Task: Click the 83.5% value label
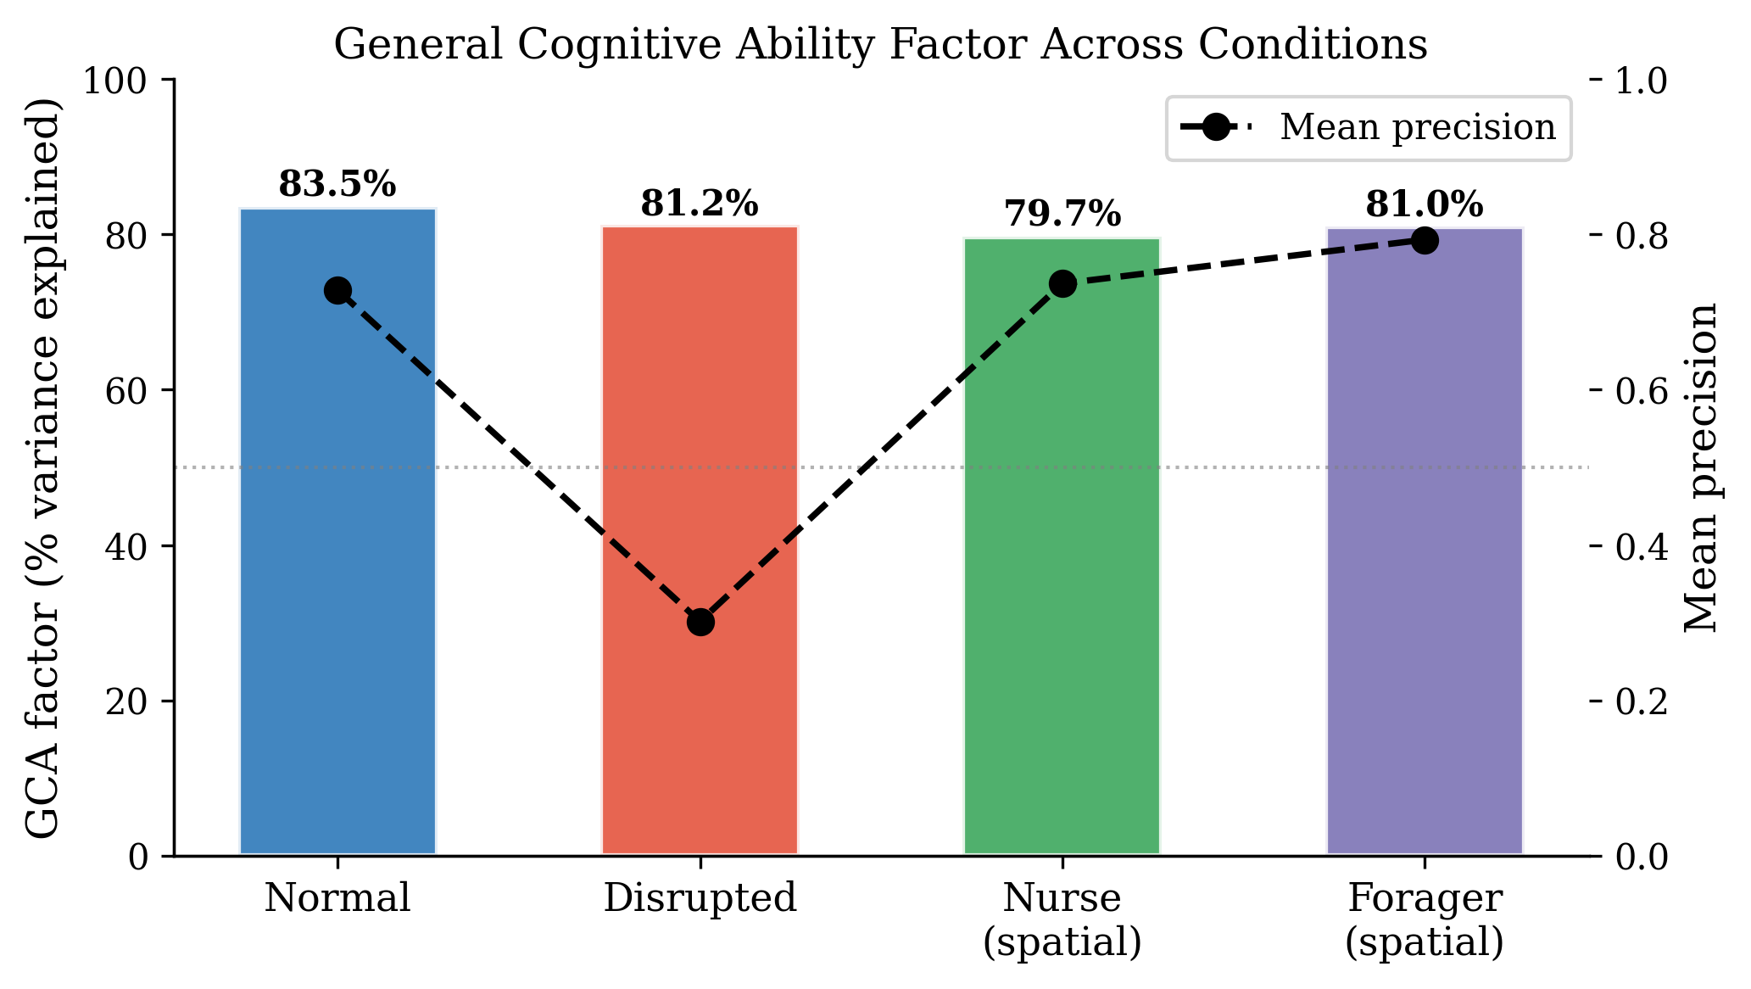click(x=337, y=184)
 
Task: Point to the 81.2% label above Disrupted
click(x=700, y=204)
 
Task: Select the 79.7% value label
click(x=1062, y=215)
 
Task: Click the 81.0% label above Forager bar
click(x=1425, y=204)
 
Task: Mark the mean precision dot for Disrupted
click(x=700, y=623)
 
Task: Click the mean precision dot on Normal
click(x=337, y=291)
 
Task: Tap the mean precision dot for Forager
click(x=1425, y=241)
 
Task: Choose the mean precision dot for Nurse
click(x=1062, y=284)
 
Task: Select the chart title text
click(x=880, y=44)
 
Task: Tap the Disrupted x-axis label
click(x=700, y=898)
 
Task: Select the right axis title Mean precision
click(x=1700, y=467)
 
